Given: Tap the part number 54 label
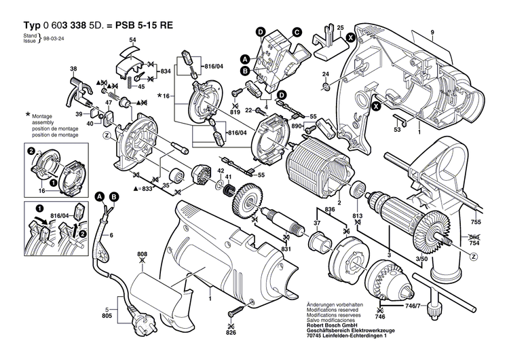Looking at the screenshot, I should [132, 41].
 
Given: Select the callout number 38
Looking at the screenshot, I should [73, 69].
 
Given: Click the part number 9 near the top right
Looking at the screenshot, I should [431, 32].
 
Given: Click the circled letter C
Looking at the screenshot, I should [297, 31].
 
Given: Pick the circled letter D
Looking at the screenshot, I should [261, 31].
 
